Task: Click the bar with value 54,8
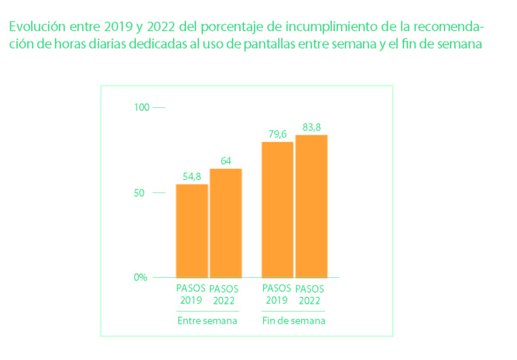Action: pos(192,231)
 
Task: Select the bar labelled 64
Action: pos(225,223)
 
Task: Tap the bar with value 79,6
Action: pos(277,209)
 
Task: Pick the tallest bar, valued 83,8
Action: pos(311,206)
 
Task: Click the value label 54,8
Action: pos(192,177)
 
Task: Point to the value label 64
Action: pos(226,161)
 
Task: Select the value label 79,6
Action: pos(277,135)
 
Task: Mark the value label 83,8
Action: pos(311,127)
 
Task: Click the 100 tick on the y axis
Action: pos(142,107)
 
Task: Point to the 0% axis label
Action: pos(140,277)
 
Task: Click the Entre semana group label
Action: pos(207,321)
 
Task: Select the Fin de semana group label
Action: pos(294,321)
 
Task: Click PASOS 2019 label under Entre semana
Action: pos(191,294)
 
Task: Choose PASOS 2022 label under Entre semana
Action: pos(224,295)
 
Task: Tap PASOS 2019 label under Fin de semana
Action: pos(277,294)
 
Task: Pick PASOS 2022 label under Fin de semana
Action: pos(310,295)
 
